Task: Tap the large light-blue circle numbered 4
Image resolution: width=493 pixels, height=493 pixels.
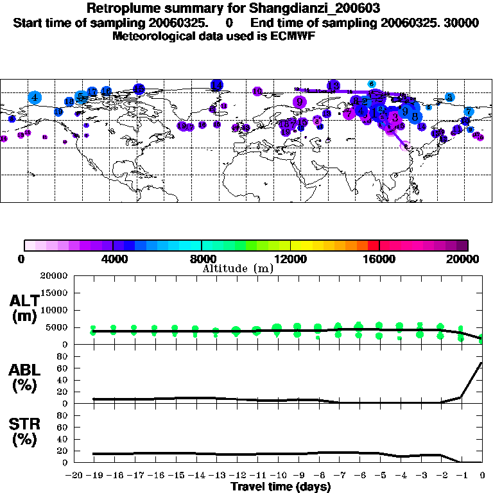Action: [35, 98]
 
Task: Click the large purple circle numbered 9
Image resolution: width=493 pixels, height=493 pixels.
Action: [299, 101]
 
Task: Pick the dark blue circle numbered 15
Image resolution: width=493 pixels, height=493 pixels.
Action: [138, 89]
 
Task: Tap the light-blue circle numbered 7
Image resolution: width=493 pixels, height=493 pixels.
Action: [469, 111]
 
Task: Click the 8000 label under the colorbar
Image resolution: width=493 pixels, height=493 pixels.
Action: [202, 259]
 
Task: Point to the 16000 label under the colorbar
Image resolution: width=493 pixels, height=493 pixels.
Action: [379, 259]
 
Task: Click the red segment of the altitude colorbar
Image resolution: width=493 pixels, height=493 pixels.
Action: [373, 245]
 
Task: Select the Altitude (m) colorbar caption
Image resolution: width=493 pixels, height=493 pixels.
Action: [238, 268]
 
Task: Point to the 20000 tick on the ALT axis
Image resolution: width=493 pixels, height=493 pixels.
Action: [54, 276]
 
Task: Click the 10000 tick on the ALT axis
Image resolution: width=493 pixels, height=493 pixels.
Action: [54, 310]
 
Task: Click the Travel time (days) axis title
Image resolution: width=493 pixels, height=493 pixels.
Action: [281, 487]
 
